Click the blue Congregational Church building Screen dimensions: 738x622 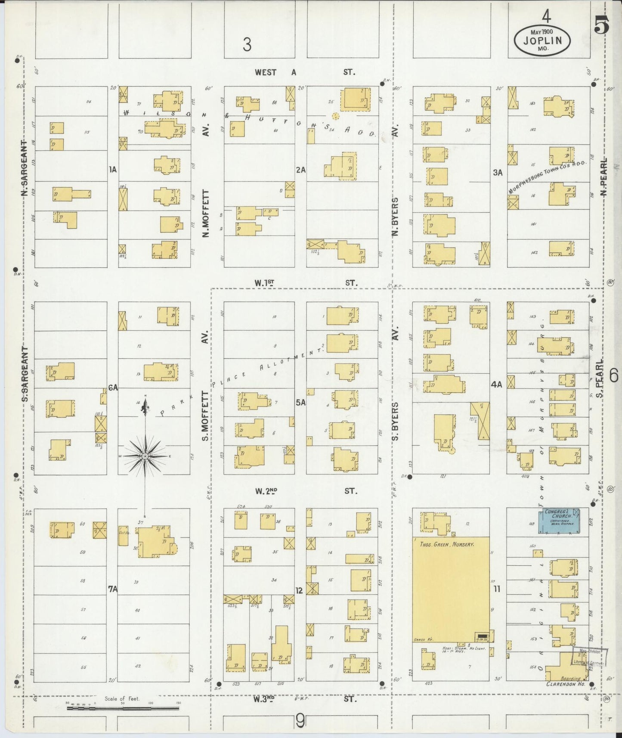(560, 521)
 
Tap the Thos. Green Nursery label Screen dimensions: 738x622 (446, 544)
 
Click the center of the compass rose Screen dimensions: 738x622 (145, 456)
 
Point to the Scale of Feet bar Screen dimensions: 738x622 (122, 707)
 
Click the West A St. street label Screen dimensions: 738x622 (305, 72)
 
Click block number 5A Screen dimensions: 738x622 (300, 402)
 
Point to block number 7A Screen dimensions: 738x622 (112, 589)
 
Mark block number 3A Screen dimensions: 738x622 (498, 173)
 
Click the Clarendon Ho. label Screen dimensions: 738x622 (565, 684)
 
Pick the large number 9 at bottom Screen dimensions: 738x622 (300, 721)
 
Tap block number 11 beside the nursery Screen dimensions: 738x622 (497, 589)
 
